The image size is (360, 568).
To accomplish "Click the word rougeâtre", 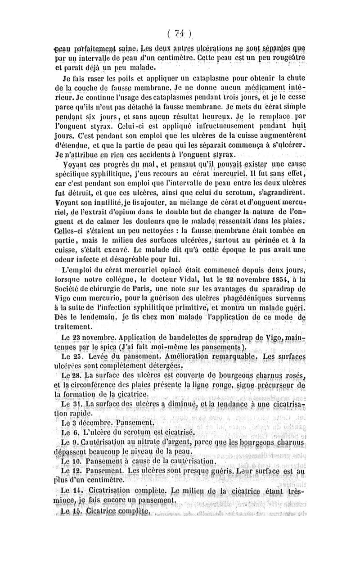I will click(285, 59).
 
